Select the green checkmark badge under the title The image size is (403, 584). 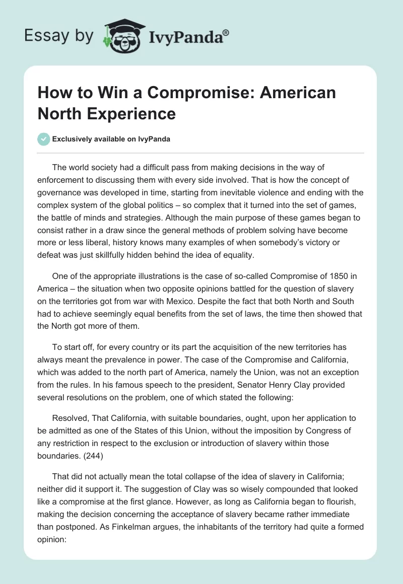coord(44,139)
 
